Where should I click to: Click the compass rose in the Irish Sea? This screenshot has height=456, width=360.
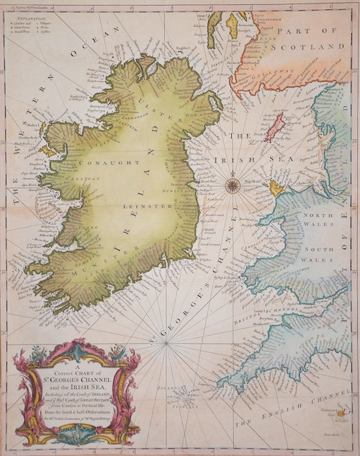tap(233, 186)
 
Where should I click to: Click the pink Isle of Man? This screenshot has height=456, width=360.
tap(273, 127)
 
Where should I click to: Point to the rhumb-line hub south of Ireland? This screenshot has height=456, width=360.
tap(166, 343)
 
